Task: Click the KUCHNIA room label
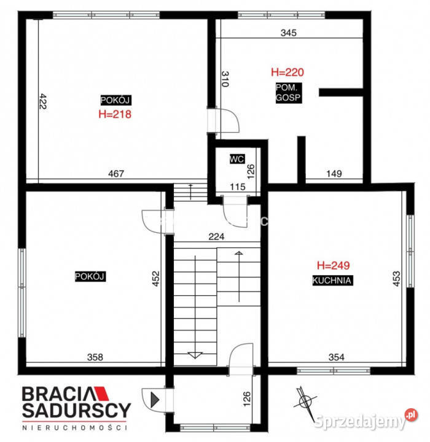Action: [332, 281]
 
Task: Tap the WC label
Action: [237, 159]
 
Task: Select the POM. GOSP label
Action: [288, 93]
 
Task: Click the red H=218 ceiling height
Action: [115, 114]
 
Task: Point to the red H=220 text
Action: [287, 72]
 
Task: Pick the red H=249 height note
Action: [333, 265]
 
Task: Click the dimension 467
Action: [116, 174]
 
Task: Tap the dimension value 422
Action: [43, 101]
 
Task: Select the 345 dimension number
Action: [289, 33]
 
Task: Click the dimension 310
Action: [225, 79]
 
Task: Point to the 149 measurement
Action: [334, 174]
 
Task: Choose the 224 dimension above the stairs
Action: [216, 236]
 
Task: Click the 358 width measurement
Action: [95, 357]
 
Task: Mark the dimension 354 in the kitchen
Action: [337, 357]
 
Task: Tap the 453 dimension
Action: [396, 279]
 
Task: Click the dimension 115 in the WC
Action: [238, 187]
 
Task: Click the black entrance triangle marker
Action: [155, 400]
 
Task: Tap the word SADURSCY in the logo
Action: [76, 410]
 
